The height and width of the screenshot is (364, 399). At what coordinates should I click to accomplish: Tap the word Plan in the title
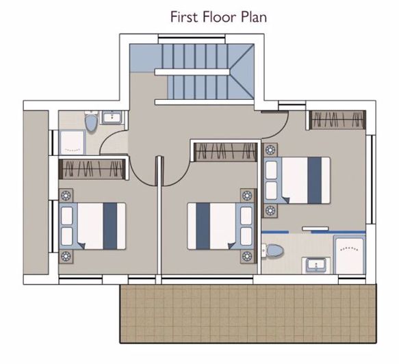(253, 16)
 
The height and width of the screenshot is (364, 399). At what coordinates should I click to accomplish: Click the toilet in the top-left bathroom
(90, 123)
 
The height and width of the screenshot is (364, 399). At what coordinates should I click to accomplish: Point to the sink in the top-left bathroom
(112, 118)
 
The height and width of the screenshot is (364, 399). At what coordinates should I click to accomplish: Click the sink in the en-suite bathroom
(316, 263)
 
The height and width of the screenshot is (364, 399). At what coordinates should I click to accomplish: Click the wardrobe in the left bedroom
(93, 168)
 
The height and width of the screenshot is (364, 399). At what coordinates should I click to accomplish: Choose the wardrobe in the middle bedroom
(226, 152)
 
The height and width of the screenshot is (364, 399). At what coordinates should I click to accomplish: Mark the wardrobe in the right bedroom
(336, 120)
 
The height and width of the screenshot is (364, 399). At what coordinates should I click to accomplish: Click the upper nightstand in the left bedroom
(66, 194)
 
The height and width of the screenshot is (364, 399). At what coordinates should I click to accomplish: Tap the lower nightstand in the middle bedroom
(246, 257)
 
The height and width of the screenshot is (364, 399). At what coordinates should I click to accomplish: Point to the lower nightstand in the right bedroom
(270, 210)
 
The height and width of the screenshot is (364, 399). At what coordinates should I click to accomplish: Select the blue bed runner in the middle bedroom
(203, 225)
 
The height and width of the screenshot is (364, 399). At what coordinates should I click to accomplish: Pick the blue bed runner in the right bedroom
(314, 180)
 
